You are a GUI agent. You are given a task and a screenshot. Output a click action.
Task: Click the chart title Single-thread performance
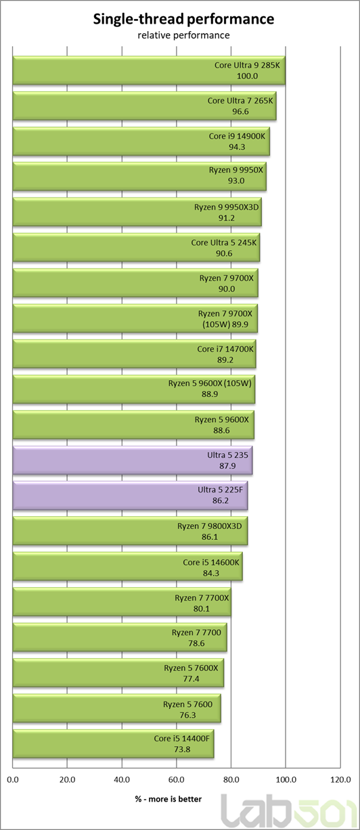click(183, 19)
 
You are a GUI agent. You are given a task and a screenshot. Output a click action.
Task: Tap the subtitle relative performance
click(183, 35)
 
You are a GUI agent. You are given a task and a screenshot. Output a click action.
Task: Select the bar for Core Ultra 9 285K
click(149, 70)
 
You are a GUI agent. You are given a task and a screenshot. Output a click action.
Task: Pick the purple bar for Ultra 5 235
click(133, 460)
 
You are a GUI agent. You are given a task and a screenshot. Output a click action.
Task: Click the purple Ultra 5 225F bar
click(130, 495)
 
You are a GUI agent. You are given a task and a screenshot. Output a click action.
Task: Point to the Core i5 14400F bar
click(114, 743)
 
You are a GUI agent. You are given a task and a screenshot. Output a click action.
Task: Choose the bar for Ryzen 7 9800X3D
click(130, 531)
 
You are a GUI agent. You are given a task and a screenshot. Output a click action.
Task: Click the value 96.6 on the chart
click(240, 112)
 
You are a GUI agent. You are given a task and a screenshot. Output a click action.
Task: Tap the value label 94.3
click(237, 147)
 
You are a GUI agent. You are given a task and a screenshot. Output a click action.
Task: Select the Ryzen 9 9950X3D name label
click(227, 207)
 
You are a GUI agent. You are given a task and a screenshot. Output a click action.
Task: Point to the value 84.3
click(211, 573)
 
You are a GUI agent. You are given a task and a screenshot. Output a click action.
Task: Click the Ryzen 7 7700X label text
click(202, 598)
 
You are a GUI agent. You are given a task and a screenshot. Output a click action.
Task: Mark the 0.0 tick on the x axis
click(13, 780)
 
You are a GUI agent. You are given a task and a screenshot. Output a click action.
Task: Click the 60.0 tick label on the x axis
click(177, 780)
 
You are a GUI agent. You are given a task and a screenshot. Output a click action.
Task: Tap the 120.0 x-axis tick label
click(340, 780)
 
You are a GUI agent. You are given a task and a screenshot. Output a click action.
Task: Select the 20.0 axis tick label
click(67, 780)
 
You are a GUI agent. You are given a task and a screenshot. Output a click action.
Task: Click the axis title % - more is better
click(168, 799)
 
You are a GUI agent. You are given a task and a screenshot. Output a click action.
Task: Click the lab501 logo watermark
click(290, 812)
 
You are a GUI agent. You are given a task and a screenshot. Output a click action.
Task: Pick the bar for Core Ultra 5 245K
click(137, 248)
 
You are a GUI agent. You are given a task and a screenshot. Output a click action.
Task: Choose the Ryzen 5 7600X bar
click(118, 673)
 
